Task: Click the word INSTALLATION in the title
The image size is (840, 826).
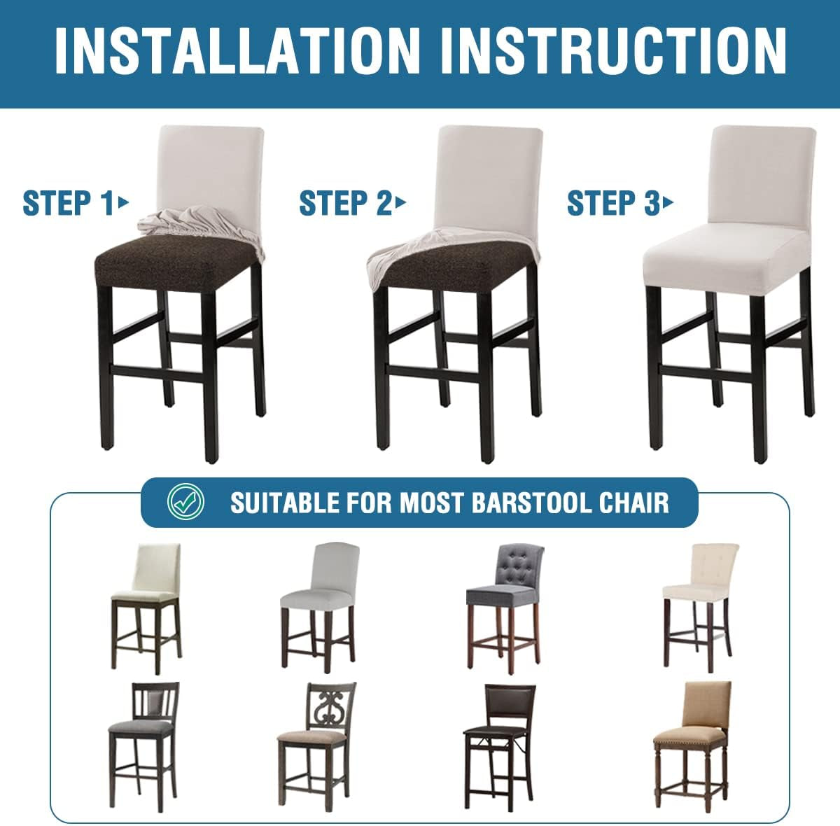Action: tap(237, 52)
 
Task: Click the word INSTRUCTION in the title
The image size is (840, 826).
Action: tap(614, 52)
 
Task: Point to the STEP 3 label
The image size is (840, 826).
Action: tap(613, 203)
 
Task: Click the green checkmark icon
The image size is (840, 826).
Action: tap(186, 502)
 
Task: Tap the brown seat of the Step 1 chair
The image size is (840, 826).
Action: tap(174, 262)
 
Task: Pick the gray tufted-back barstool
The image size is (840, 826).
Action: tap(505, 609)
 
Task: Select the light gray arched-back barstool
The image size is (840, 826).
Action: tap(318, 608)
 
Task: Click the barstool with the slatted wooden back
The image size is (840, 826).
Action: tap(143, 747)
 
